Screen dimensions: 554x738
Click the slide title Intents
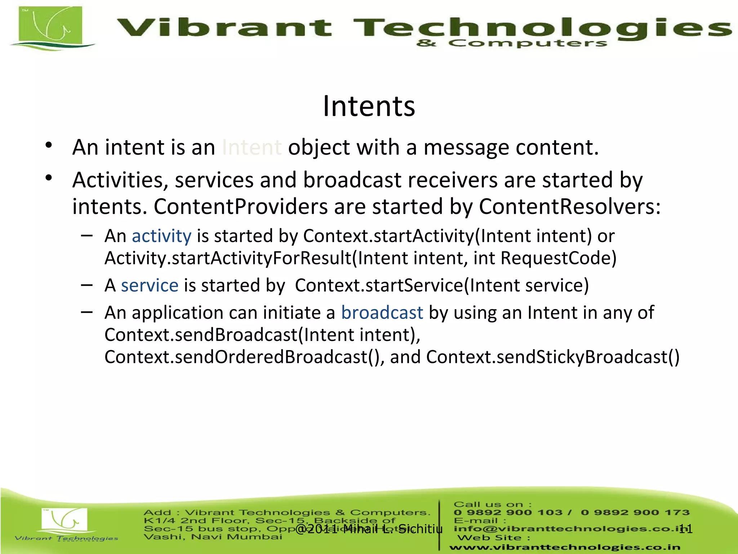point(369,106)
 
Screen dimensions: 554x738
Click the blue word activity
point(161,236)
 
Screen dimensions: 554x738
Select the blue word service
point(150,285)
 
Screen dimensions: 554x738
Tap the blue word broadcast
point(382,312)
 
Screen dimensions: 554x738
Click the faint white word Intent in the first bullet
point(252,148)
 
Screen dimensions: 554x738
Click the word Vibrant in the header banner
point(224,28)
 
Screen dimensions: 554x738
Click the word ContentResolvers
point(569,207)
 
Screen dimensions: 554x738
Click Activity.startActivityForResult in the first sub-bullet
point(228,258)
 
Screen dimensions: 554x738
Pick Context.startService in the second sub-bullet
point(378,285)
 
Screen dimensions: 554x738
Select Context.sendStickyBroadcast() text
point(553,357)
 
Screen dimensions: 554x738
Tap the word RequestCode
point(558,258)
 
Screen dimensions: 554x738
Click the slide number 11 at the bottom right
point(685,529)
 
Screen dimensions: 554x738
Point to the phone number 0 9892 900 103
point(508,513)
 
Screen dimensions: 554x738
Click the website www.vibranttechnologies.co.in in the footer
point(565,547)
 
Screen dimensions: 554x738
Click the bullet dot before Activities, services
point(49,178)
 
